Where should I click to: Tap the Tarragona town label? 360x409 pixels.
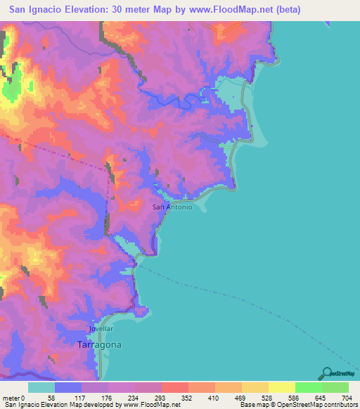click(x=98, y=345)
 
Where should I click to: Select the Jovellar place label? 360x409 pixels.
click(x=101, y=329)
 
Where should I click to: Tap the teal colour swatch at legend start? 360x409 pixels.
click(x=41, y=387)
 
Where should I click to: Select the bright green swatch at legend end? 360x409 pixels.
click(x=335, y=387)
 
